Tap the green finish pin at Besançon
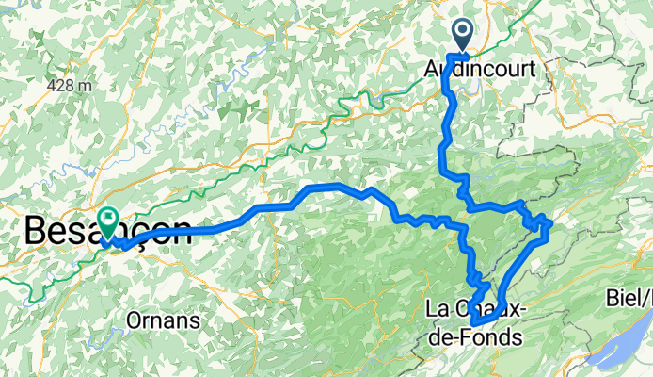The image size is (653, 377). [x=108, y=221]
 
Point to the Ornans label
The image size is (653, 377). [x=167, y=320]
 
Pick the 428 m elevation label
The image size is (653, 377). [x=70, y=85]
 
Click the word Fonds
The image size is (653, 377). [x=488, y=336]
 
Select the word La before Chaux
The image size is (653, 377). [x=438, y=309]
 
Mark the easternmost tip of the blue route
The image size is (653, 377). [x=549, y=222]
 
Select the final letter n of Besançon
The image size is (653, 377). [x=179, y=232]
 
